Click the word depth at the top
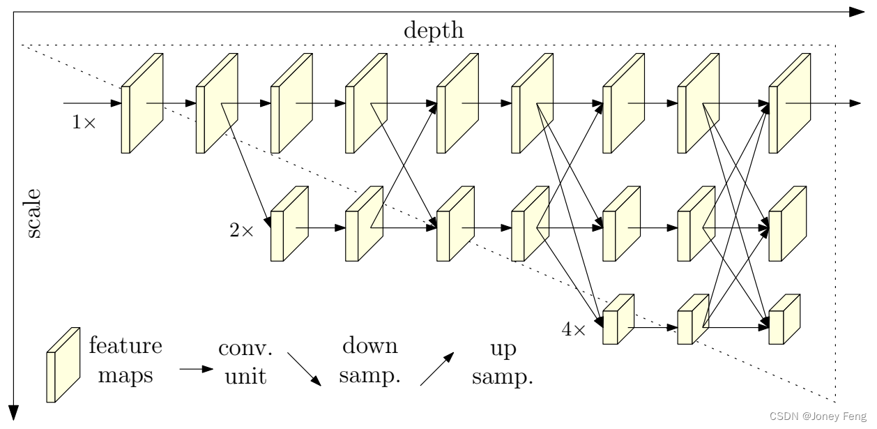coord(433,31)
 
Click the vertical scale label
coord(33,213)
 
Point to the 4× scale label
coord(574,329)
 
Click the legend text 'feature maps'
coord(125,361)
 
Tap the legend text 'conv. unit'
coord(243,361)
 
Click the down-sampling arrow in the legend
coord(305,369)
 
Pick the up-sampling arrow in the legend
coord(436,369)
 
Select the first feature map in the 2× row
coord(289,224)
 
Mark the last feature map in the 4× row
coord(784,319)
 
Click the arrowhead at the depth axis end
coord(856,12)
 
